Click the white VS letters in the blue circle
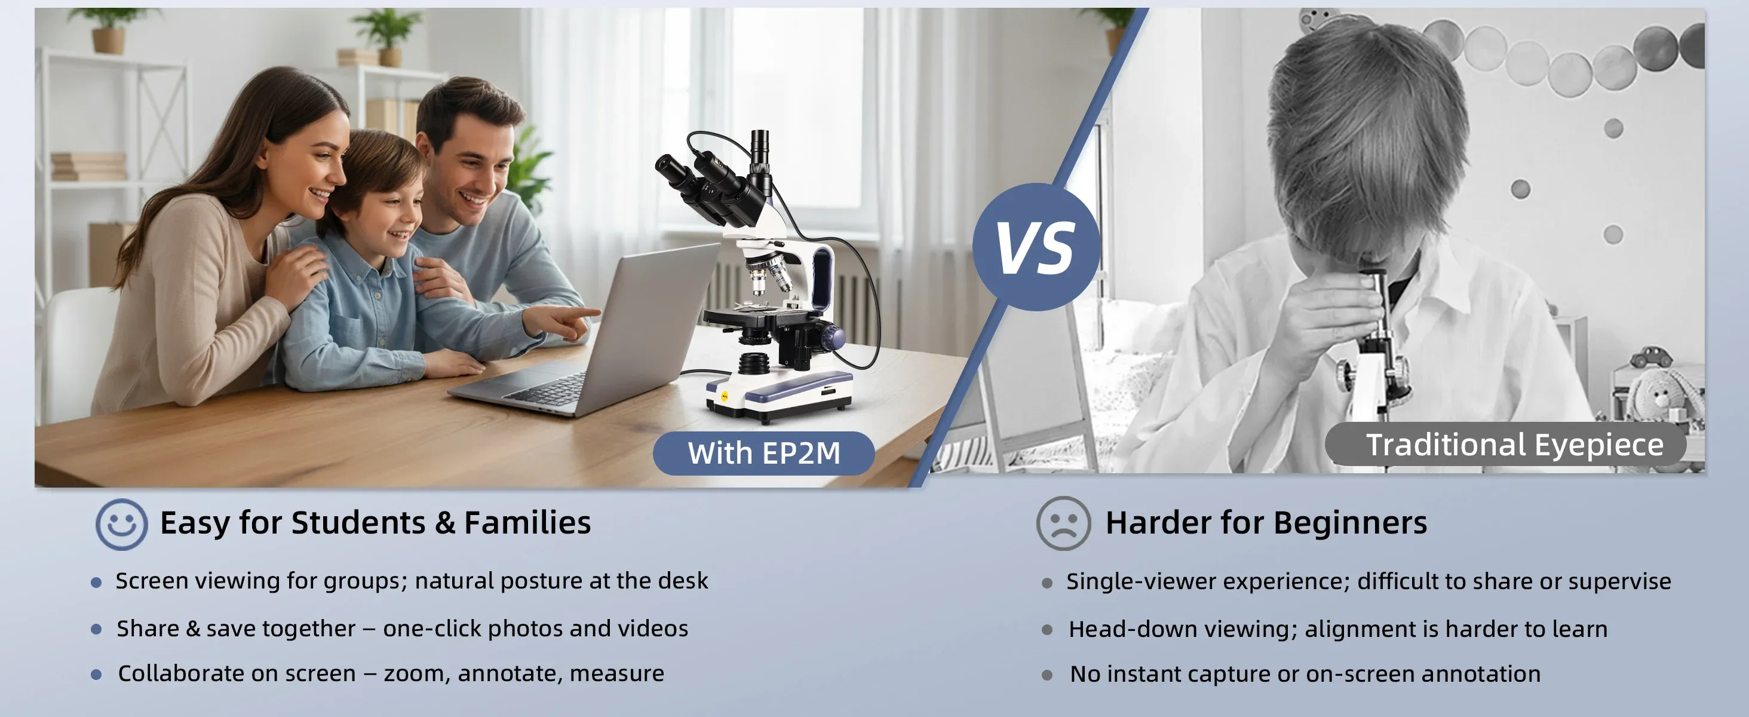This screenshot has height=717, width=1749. (x=1035, y=247)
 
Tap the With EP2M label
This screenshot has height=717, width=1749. (x=764, y=454)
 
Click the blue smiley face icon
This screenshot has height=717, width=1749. (x=121, y=524)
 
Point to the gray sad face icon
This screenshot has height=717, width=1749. (x=1063, y=523)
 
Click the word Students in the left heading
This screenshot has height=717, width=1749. (x=358, y=523)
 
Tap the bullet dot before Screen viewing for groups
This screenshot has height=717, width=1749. (x=96, y=583)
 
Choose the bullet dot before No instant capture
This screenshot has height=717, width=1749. (x=1047, y=675)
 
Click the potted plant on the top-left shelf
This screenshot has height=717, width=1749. (x=109, y=30)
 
